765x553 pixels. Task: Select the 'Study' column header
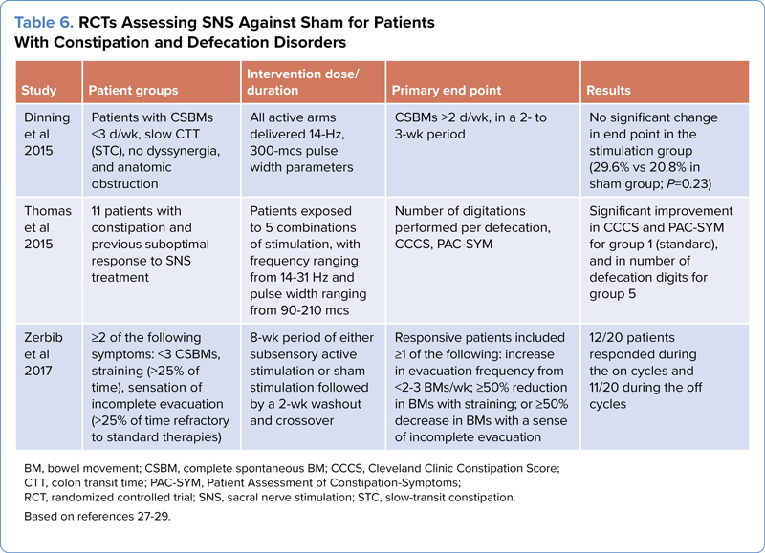[39, 91]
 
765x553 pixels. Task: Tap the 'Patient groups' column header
[133, 91]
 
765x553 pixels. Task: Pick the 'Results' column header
[608, 91]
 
